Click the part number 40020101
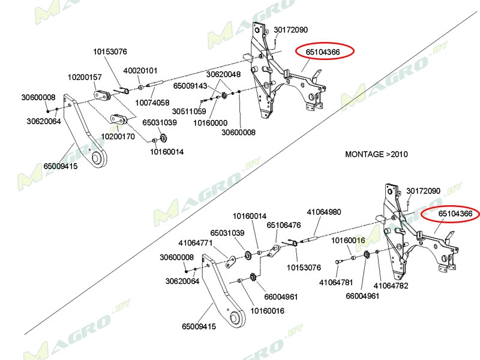click(x=140, y=70)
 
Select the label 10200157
click(x=85, y=77)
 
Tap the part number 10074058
click(x=152, y=103)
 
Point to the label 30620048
click(x=223, y=74)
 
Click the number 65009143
click(x=190, y=86)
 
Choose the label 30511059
click(x=189, y=112)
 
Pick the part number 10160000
click(x=210, y=123)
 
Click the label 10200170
click(x=118, y=136)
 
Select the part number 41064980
click(x=324, y=212)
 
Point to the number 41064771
click(x=196, y=243)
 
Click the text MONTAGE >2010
click(x=376, y=154)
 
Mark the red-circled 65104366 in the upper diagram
click(x=323, y=52)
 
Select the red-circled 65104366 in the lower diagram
click(x=455, y=214)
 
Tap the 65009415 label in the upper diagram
click(x=60, y=166)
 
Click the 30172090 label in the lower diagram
click(x=423, y=191)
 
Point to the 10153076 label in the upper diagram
click(x=110, y=52)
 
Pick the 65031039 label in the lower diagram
click(x=227, y=233)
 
